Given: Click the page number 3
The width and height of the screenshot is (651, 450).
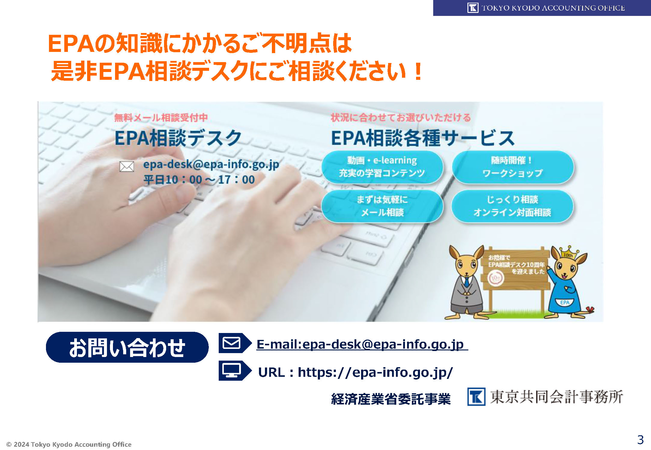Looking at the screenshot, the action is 640,440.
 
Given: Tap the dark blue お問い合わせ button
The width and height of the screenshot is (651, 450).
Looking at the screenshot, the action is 127,347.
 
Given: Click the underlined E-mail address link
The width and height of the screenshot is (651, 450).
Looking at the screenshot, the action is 362,344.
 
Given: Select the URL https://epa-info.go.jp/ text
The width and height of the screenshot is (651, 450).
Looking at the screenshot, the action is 355,372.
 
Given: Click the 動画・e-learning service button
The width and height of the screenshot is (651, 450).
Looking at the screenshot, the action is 382,167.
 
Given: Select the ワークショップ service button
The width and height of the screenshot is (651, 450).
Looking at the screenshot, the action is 513,167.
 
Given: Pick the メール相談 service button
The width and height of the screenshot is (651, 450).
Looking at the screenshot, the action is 382,206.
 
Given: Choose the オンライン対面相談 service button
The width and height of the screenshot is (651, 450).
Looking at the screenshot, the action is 513,206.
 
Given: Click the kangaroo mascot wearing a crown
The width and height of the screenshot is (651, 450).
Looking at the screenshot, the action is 566,283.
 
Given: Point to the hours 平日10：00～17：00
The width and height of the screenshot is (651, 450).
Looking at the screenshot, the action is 199,180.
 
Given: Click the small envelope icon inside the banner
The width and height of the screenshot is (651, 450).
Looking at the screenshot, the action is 127,166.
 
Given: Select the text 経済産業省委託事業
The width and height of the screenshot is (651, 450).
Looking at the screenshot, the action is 391,399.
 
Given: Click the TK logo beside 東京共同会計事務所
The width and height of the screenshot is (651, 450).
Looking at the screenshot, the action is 476,397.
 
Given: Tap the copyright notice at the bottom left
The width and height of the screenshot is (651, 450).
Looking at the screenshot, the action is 69,444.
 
